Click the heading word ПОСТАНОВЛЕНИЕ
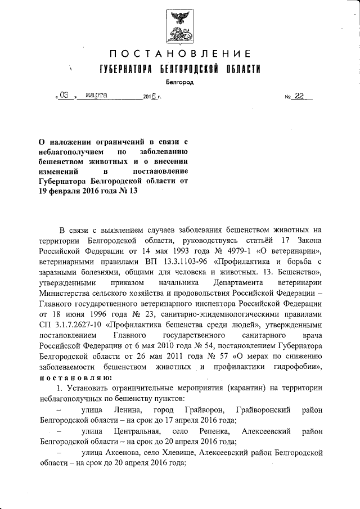180,54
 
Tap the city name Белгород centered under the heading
180,82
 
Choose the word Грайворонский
264,409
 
